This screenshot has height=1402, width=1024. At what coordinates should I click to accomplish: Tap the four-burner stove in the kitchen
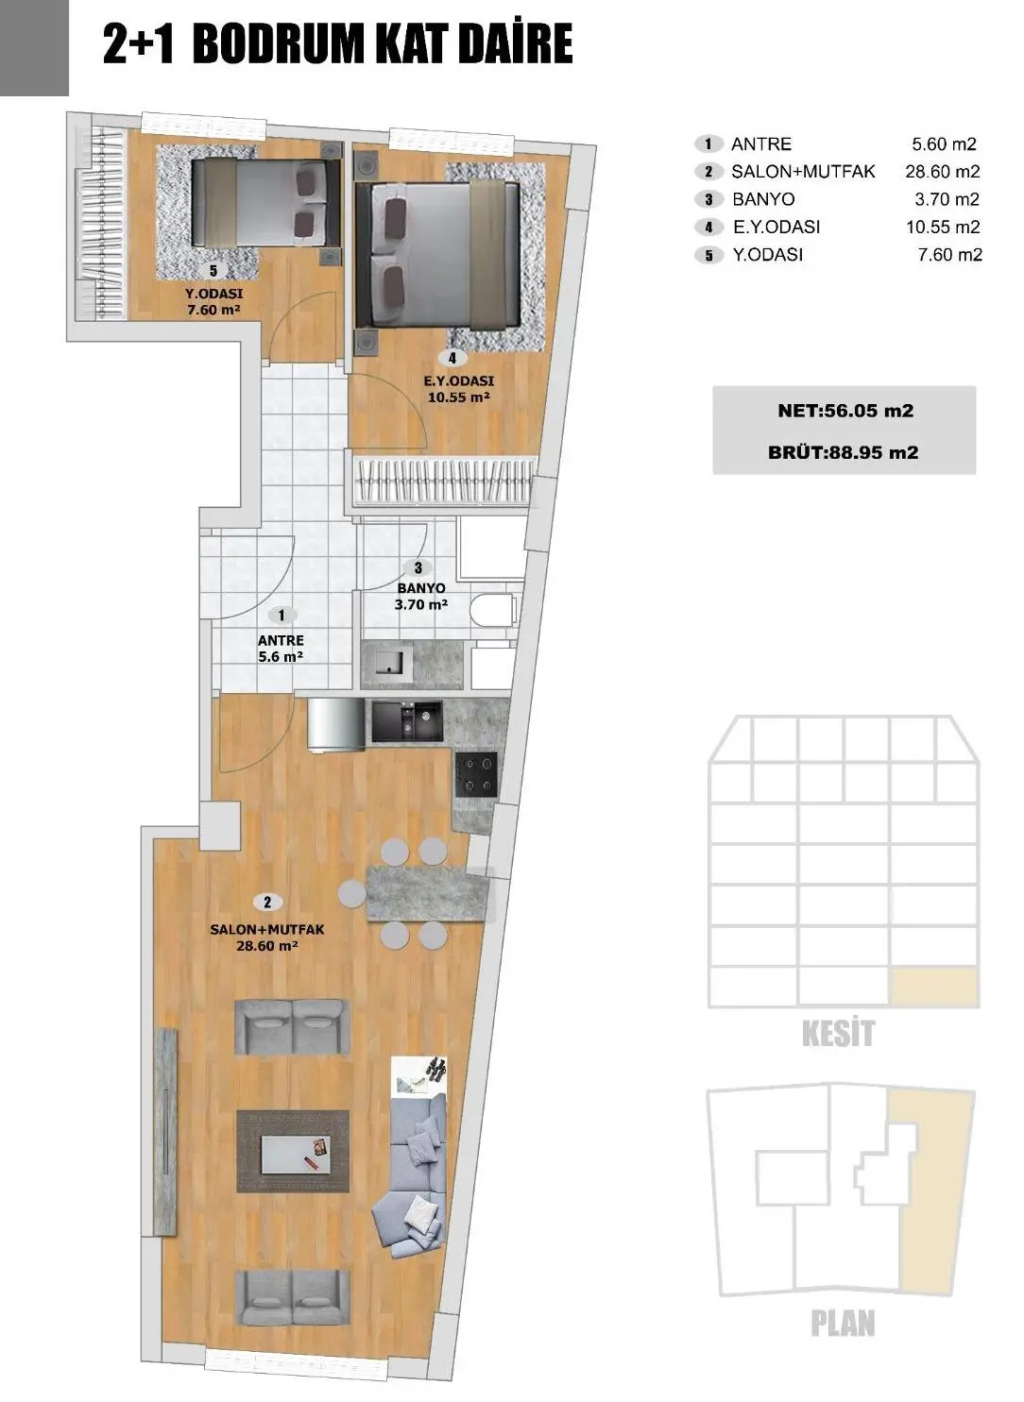click(476, 774)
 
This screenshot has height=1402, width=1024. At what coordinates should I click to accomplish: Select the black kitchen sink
click(406, 722)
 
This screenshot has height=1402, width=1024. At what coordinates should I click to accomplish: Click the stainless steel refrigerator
click(335, 725)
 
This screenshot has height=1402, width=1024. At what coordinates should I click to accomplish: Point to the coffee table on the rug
click(293, 1151)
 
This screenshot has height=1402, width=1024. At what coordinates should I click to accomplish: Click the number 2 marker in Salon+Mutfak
click(267, 903)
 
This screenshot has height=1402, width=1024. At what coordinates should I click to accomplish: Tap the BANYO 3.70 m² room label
click(421, 596)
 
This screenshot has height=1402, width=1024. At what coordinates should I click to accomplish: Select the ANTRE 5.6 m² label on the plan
click(281, 649)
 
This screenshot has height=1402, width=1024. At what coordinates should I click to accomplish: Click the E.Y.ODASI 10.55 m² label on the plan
click(459, 389)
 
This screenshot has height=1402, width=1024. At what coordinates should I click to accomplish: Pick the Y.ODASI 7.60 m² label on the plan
click(213, 301)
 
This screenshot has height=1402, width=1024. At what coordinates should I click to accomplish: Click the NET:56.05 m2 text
click(845, 411)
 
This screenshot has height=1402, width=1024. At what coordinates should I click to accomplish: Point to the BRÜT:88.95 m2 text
click(843, 452)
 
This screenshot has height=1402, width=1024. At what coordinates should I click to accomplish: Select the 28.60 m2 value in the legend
click(942, 172)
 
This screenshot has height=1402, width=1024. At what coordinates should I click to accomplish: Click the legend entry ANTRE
click(760, 144)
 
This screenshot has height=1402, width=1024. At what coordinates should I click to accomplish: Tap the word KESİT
click(838, 1034)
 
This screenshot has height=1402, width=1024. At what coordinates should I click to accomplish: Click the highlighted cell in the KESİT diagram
click(933, 987)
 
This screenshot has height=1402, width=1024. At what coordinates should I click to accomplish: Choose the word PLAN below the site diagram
click(843, 1324)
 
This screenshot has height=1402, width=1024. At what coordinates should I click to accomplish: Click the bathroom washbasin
click(389, 661)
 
